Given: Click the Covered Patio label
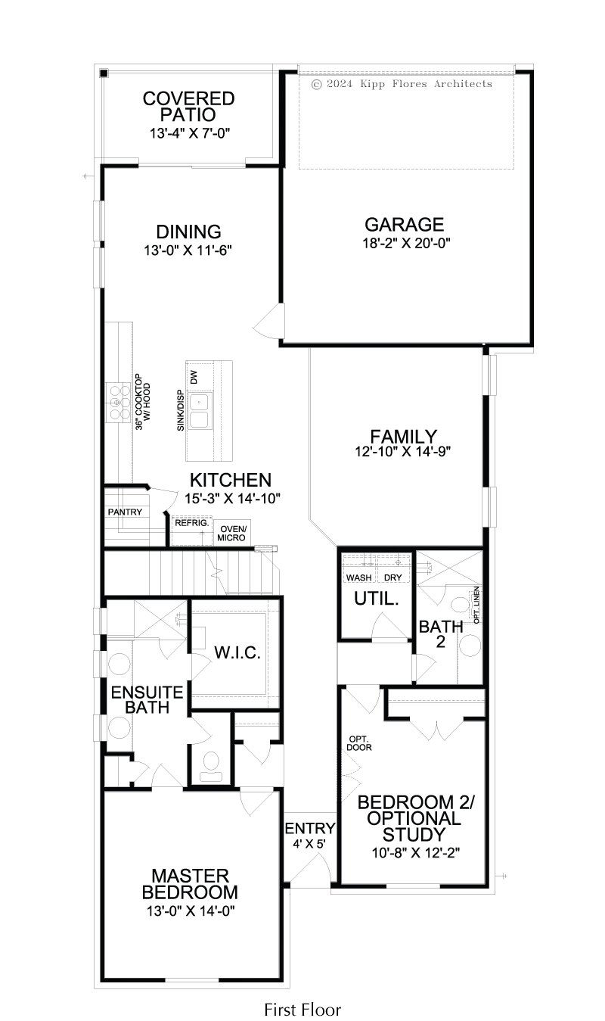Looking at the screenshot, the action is (x=188, y=106).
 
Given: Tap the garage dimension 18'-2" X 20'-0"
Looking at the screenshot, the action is (x=406, y=243).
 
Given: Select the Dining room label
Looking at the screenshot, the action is (x=188, y=232).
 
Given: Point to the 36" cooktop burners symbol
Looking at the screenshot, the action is (x=118, y=403).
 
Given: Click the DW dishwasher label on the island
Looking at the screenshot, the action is (x=194, y=377).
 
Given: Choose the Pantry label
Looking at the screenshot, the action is (x=125, y=512).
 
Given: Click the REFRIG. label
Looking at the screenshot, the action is (x=192, y=523).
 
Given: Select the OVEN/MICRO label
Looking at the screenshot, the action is (x=231, y=534).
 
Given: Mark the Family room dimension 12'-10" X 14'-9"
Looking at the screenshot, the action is (x=403, y=451).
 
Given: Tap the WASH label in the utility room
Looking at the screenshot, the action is (x=359, y=577).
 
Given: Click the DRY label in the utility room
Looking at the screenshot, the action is (x=392, y=577).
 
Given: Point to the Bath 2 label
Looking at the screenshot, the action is (x=441, y=634).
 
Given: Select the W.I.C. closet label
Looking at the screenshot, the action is (x=237, y=652).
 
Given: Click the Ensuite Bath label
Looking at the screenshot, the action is (x=147, y=699).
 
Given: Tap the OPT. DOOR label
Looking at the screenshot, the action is (x=359, y=743).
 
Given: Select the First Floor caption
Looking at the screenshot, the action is (x=302, y=1010).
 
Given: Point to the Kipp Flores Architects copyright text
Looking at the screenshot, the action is (x=402, y=84).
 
